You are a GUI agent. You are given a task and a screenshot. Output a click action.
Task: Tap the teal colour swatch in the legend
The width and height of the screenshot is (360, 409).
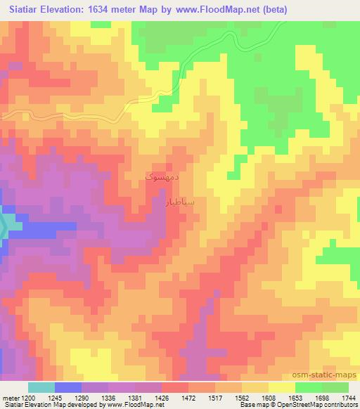click(41, 387)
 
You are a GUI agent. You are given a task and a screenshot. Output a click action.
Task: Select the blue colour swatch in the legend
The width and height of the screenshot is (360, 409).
click(68, 387)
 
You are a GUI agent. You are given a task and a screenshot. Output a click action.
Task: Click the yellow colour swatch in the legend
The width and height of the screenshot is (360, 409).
click(281, 387)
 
